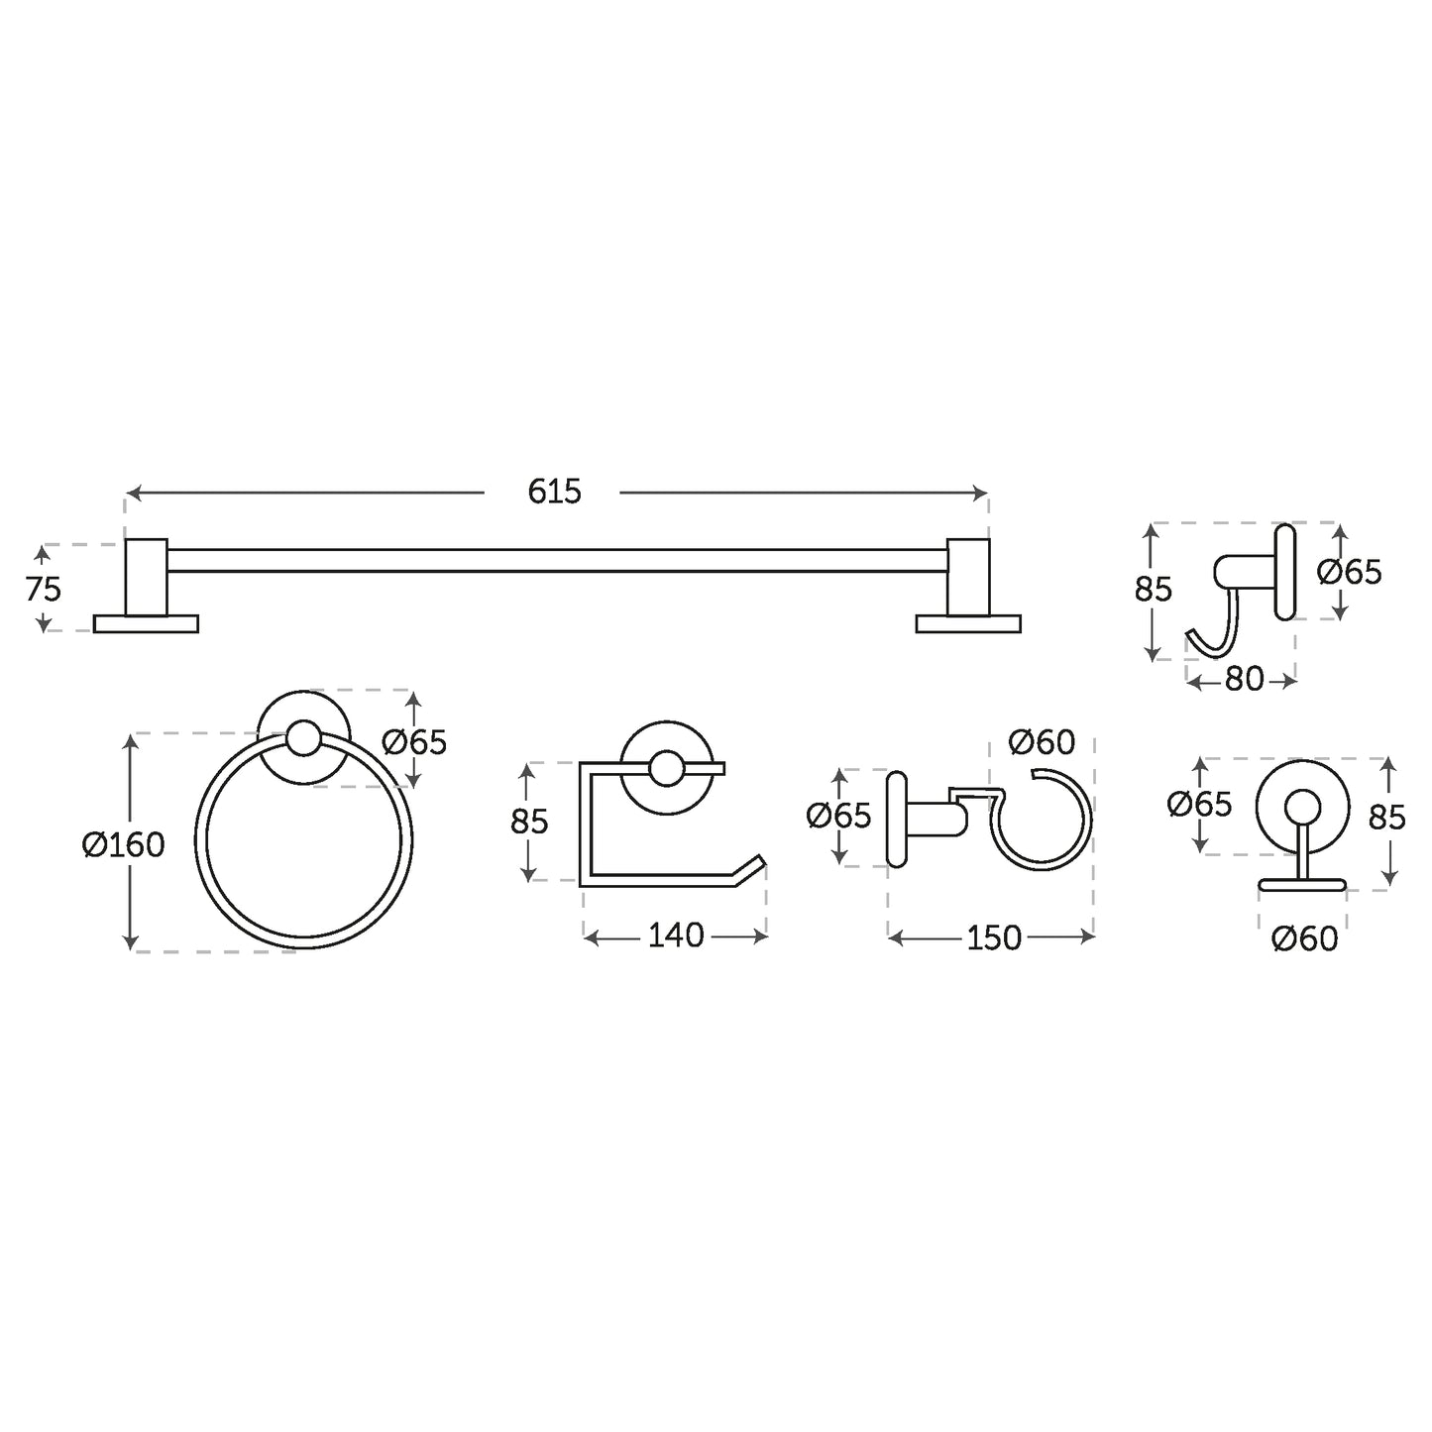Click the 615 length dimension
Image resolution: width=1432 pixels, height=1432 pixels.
tap(554, 492)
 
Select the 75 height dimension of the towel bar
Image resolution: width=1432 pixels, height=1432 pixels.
tap(43, 590)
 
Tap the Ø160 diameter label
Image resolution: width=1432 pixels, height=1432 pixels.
tap(123, 845)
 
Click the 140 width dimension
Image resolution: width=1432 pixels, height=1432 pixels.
tap(676, 936)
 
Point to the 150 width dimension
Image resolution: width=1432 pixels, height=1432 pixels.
tap(994, 938)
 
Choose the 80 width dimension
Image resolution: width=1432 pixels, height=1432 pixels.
tap(1244, 679)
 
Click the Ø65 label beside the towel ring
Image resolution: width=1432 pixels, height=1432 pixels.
tap(414, 742)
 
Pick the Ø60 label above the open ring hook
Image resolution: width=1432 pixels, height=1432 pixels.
tap(1042, 741)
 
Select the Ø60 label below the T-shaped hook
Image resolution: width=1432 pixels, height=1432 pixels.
tap(1305, 939)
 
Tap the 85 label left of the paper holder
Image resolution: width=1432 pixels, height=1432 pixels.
tap(529, 822)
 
